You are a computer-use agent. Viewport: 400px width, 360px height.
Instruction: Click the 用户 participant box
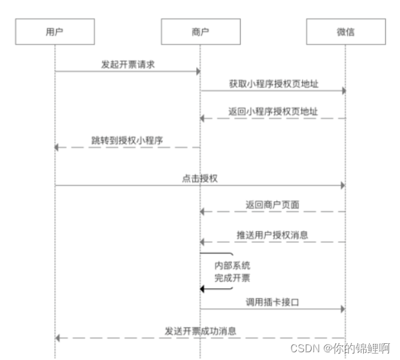[55, 32]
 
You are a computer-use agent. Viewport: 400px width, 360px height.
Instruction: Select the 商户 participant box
[200, 32]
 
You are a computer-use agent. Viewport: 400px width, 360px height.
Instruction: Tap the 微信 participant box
[345, 32]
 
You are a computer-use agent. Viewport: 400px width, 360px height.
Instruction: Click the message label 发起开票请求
[127, 65]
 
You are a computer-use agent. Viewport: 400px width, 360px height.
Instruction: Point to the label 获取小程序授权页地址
[273, 84]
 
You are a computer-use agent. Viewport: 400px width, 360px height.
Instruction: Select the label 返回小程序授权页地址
[273, 111]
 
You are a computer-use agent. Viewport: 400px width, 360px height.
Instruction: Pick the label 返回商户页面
[272, 205]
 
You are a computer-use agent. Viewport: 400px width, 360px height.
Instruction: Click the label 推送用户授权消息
[272, 235]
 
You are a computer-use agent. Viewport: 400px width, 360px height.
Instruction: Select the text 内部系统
[232, 265]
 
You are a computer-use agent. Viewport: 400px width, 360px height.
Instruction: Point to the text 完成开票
[232, 278]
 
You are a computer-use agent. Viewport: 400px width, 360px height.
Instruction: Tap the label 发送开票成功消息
[199, 331]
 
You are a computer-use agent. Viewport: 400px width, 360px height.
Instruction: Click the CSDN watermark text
[340, 348]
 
